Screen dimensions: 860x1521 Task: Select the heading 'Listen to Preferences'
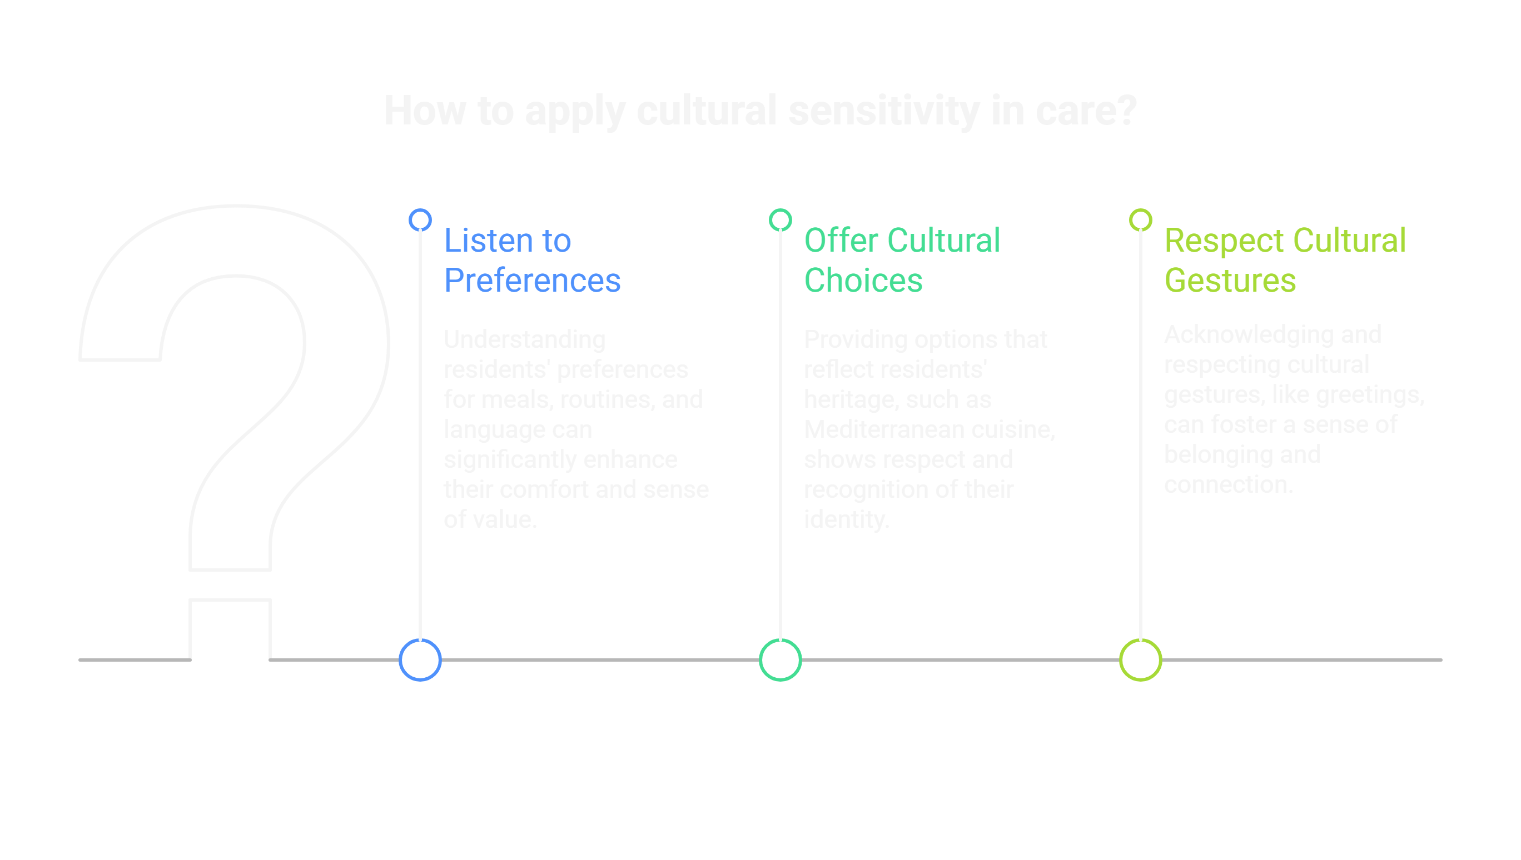[x=532, y=260]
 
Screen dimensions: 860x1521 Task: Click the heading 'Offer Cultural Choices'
[x=901, y=260]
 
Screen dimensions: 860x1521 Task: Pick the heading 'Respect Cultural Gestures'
[x=1284, y=260]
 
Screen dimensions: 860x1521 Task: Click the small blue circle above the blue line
[x=420, y=220]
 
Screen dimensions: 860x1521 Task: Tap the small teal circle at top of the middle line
[x=780, y=220]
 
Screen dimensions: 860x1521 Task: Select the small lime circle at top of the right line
[x=1140, y=220]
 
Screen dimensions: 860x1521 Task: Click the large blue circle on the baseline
[x=420, y=660]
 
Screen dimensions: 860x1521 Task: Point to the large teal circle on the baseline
[x=780, y=660]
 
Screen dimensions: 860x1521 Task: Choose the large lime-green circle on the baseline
[x=1140, y=660]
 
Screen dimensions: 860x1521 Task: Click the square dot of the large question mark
[x=230, y=629]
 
